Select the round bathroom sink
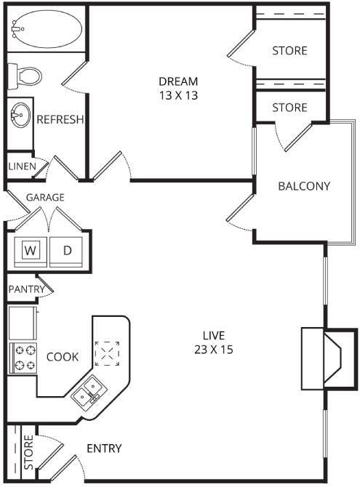(x=20, y=114)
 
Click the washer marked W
(x=30, y=251)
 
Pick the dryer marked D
(x=68, y=251)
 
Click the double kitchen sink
(x=91, y=389)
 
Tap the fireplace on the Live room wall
(x=321, y=358)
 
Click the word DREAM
(x=178, y=81)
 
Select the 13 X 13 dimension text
(x=178, y=94)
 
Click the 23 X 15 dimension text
(x=214, y=348)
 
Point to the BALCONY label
(x=304, y=186)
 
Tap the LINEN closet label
(x=22, y=166)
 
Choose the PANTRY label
(x=26, y=289)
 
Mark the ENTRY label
(x=104, y=448)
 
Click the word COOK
(x=63, y=357)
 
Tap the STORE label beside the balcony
(x=289, y=108)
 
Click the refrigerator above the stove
(x=22, y=321)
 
